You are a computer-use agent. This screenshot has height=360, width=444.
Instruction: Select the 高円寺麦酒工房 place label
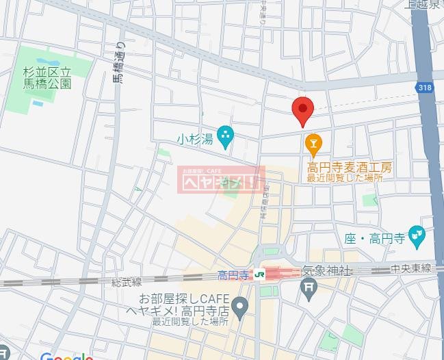point(350,167)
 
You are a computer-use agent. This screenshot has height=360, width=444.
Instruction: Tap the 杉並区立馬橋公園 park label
point(47,77)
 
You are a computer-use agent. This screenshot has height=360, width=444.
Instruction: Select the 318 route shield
point(423,87)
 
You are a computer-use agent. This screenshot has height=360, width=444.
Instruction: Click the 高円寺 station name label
point(233,275)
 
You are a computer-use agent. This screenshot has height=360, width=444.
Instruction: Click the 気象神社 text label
point(326,271)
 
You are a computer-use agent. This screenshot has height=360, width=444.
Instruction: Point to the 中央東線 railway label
point(413,268)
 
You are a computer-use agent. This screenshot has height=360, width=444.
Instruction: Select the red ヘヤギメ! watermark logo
point(220,179)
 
